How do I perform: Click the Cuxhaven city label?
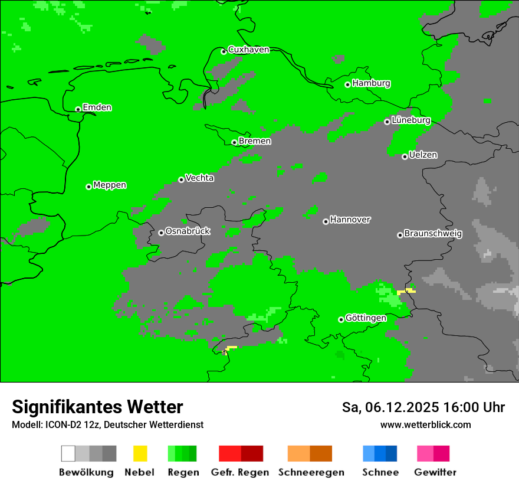tap(248, 50)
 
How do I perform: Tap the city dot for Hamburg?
tap(348, 84)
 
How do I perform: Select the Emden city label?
tap(97, 107)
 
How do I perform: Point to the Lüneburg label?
tap(411, 120)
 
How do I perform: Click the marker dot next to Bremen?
tap(234, 142)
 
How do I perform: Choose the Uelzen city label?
tap(423, 155)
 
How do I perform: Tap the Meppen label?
tap(110, 185)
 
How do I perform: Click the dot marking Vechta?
tap(181, 179)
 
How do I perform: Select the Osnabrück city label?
tap(188, 231)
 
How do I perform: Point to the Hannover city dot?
tap(326, 221)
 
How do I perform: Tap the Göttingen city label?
tap(366, 318)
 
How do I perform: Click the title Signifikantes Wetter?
tap(97, 407)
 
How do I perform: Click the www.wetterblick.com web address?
tap(425, 425)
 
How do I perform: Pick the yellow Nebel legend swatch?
tap(140, 453)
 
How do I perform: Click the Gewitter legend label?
tap(435, 472)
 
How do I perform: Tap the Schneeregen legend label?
tap(311, 472)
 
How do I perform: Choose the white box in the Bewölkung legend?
tap(68, 453)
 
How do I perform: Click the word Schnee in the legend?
tap(380, 472)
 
